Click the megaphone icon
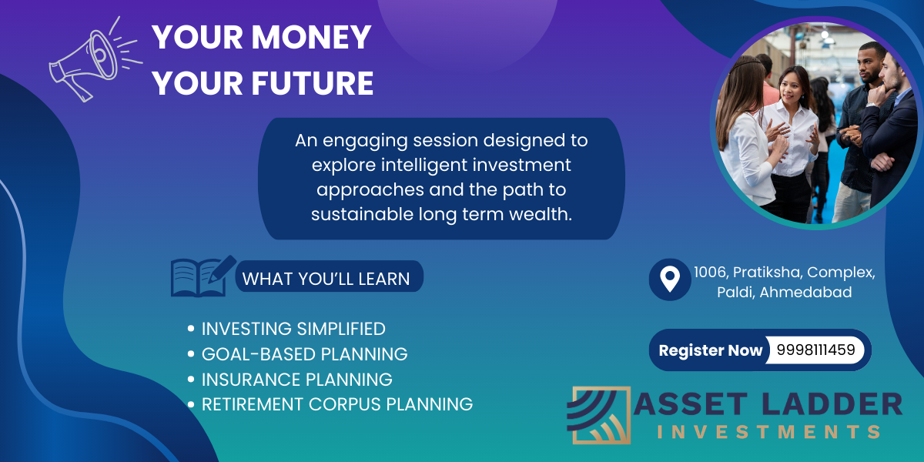(93, 62)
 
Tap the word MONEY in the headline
(311, 37)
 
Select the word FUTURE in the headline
(313, 83)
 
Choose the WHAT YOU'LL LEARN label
(326, 279)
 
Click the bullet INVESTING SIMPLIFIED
(293, 329)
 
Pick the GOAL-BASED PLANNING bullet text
(304, 354)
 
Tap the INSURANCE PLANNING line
(297, 379)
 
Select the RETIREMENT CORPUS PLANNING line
(337, 404)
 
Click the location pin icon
(670, 280)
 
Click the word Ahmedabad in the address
(805, 292)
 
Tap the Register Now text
(710, 350)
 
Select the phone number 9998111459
(816, 350)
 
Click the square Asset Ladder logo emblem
(599, 415)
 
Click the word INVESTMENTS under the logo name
(769, 432)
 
